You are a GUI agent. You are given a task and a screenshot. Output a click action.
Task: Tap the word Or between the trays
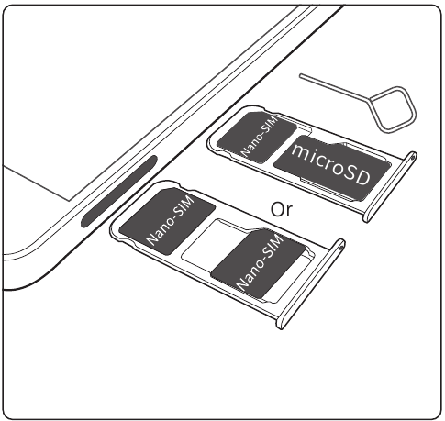[282, 209]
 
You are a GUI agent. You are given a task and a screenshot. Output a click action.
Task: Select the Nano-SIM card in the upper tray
[256, 137]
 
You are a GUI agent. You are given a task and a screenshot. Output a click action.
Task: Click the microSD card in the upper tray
[332, 168]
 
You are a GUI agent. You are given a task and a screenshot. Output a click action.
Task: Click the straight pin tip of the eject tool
[301, 75]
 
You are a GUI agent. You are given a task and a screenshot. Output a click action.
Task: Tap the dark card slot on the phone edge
[118, 192]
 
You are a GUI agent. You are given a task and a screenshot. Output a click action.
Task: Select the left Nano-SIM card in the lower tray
[167, 221]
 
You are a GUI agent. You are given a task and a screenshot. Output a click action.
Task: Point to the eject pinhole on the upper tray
[414, 157]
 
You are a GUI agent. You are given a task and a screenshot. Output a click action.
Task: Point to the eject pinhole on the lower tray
[341, 245]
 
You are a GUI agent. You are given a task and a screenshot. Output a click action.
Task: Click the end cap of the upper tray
[390, 186]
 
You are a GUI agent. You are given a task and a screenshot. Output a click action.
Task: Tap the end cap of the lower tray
[310, 284]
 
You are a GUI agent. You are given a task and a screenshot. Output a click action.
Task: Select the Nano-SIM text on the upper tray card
[260, 136]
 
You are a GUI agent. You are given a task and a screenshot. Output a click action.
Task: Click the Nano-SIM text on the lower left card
[171, 219]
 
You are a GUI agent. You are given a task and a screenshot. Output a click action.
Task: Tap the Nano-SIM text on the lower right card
[261, 262]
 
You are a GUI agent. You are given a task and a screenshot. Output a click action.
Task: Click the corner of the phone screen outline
[71, 201]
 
